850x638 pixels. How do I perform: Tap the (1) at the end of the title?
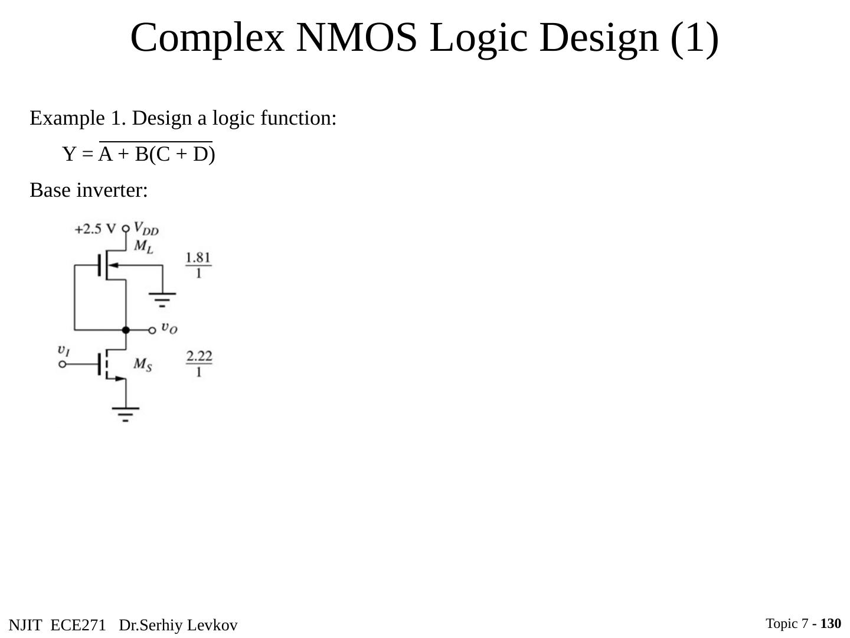[695, 37]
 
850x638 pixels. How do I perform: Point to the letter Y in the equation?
[70, 155]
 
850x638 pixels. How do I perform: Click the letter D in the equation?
[201, 155]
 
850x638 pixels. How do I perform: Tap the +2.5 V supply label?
[95, 229]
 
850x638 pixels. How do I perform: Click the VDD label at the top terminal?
[146, 228]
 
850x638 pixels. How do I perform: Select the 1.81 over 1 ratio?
[198, 265]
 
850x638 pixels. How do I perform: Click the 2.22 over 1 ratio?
[199, 363]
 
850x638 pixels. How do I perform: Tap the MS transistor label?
[143, 364]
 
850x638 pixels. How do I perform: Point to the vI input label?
[64, 350]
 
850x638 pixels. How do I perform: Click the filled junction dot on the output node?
[126, 330]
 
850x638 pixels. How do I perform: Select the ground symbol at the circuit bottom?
[126, 414]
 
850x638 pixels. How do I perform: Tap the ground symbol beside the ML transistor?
[162, 299]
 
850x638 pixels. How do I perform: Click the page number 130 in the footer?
[831, 623]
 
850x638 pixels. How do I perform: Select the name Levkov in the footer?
[215, 626]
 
